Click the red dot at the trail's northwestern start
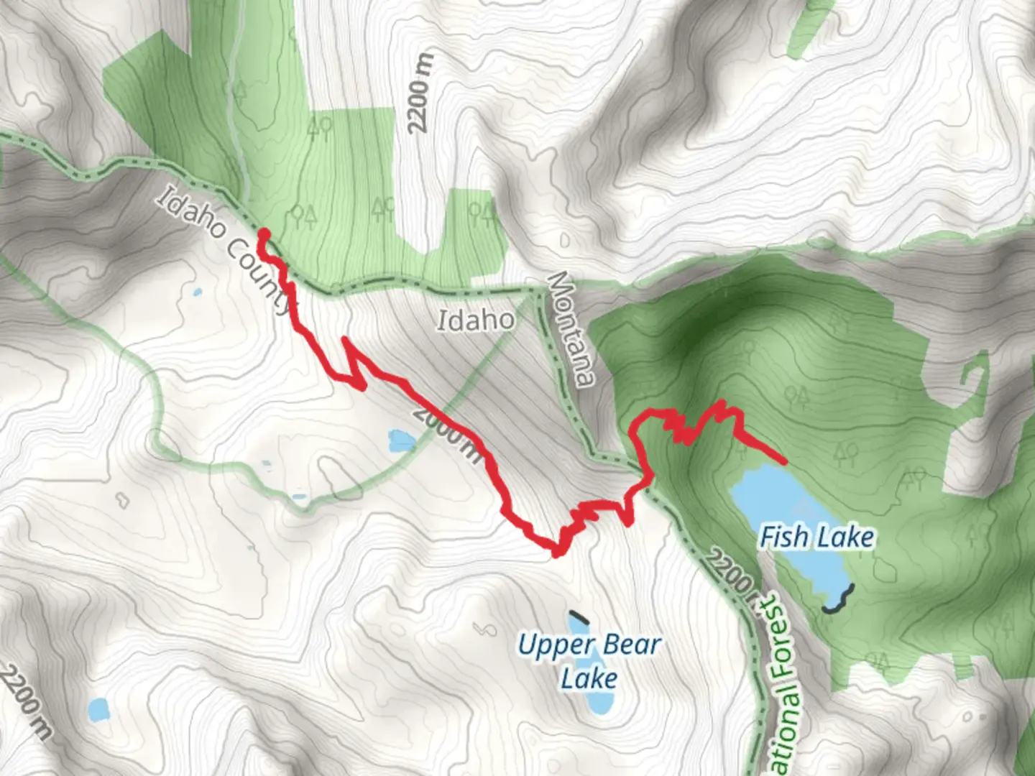[264, 234]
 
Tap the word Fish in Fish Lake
[783, 537]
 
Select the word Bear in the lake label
[632, 645]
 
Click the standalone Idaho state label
[476, 320]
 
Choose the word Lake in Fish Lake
[848, 537]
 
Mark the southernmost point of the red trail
[556, 553]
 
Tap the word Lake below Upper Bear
[589, 678]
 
